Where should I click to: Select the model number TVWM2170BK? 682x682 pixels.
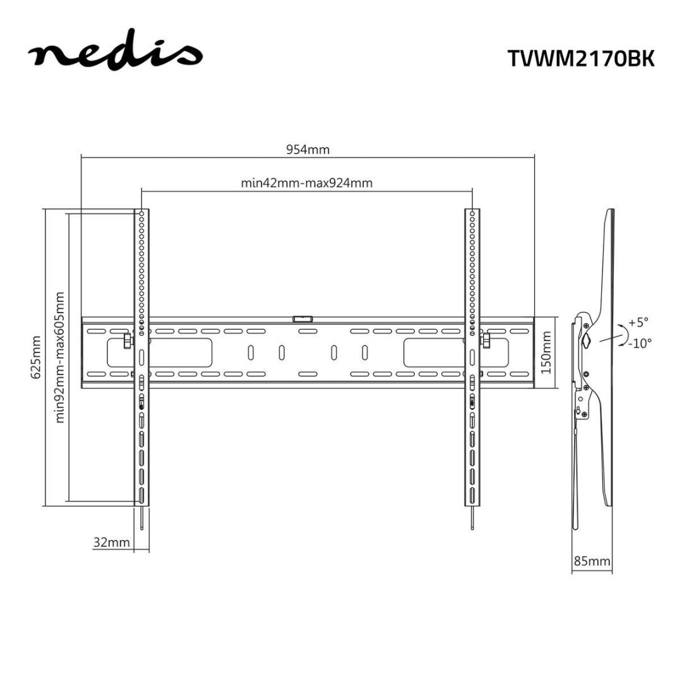coord(582,58)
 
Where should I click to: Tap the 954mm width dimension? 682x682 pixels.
coord(308,150)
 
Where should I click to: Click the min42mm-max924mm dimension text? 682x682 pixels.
coord(307,184)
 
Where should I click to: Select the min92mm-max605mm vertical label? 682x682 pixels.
coord(61,357)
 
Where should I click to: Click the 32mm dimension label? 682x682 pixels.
coord(111,542)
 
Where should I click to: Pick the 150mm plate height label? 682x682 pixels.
coord(547,352)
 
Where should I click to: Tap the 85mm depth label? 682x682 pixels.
coord(591,560)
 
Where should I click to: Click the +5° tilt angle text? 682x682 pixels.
coord(638,322)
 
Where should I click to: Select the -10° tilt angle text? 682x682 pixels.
coord(639,343)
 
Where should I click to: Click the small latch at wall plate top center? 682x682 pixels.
coord(302,320)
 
